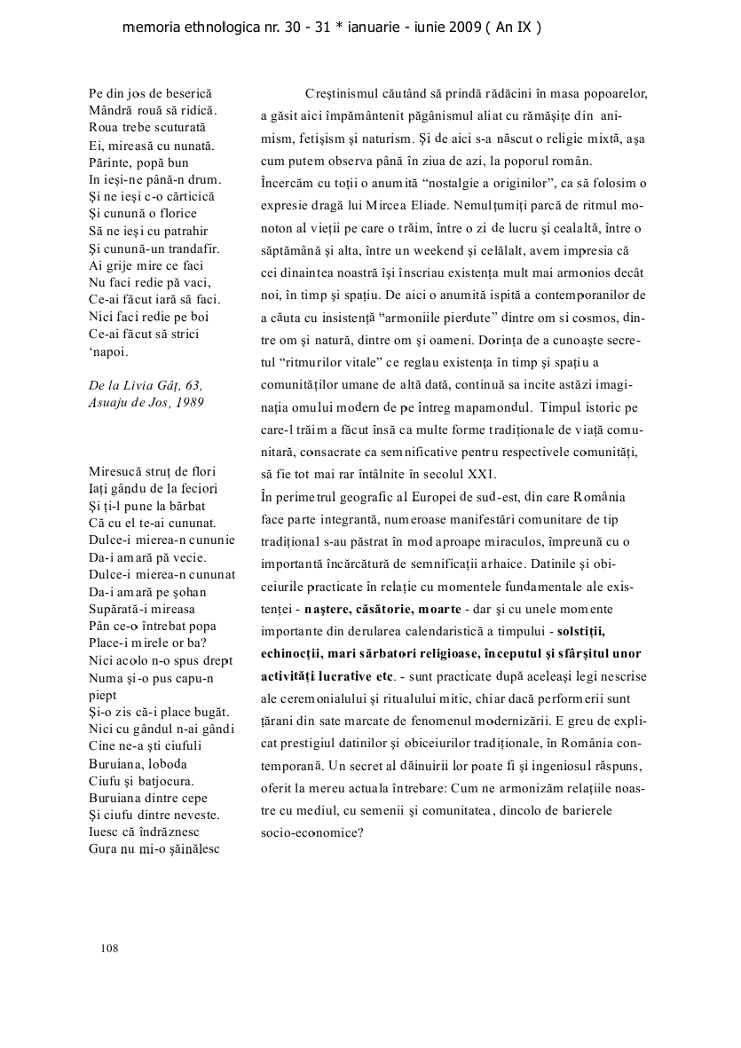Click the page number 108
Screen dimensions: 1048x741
point(110,948)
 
